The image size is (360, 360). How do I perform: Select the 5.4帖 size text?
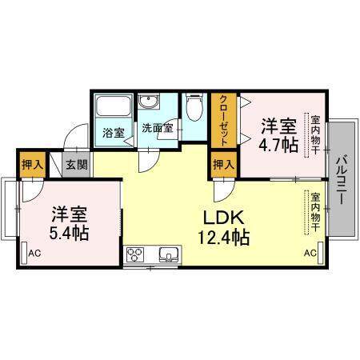pos(70,233)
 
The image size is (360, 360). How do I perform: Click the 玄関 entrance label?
pos(78,166)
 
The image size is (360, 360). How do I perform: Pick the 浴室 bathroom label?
pos(113,134)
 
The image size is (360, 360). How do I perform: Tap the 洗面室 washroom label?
pos(156,127)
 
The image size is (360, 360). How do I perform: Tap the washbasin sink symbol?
pos(150,104)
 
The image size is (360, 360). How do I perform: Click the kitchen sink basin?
pos(169,257)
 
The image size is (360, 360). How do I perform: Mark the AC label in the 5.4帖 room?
pos(34,254)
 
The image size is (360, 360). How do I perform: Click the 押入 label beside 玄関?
pos(31,166)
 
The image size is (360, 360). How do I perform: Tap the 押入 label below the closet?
pos(224,166)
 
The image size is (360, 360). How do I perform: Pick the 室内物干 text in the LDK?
pos(316,213)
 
